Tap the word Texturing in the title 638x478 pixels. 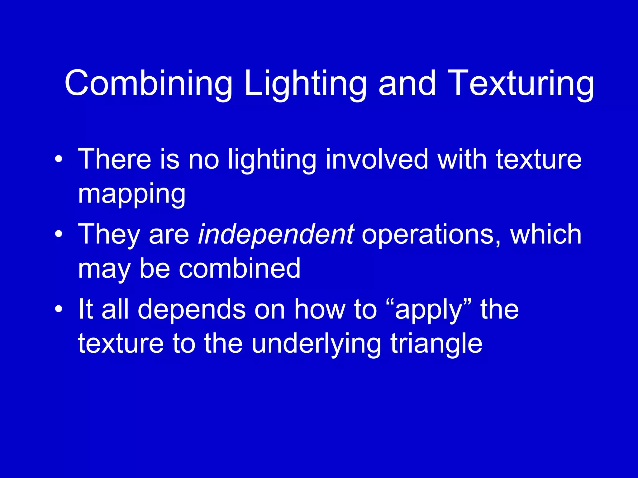coord(521,84)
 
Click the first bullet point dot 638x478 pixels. coord(58,160)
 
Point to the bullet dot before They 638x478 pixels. coord(58,234)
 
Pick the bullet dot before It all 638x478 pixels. coord(58,309)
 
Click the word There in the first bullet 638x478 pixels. coord(115,159)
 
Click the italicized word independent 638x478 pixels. coord(276,234)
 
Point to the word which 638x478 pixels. coord(545,234)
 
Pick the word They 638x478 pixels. coord(109,234)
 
